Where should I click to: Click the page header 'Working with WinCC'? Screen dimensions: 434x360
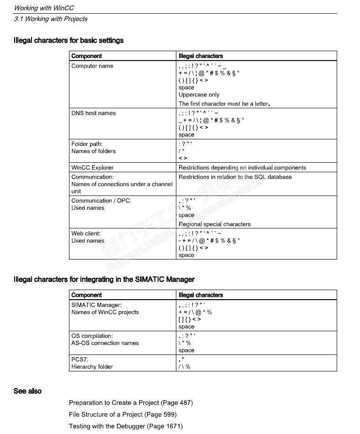pos(44,8)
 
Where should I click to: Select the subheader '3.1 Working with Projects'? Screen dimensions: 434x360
pos(50,19)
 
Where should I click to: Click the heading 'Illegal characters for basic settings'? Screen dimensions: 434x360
pos(69,40)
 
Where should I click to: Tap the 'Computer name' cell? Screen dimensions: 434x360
pos(92,66)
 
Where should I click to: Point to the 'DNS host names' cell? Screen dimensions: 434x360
pos(94,113)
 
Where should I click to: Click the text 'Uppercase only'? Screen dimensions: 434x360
pos(199,95)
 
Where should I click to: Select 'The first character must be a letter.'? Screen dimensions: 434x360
pos(224,104)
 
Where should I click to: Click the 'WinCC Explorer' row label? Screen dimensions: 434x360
pos(92,168)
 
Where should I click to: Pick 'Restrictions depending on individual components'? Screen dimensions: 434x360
pos(242,168)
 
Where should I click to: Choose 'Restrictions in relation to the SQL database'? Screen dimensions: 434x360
pos(235,177)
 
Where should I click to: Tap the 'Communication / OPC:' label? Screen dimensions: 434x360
pos(101,201)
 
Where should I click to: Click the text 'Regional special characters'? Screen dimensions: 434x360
pos(214,224)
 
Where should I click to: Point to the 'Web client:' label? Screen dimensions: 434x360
pos(86,233)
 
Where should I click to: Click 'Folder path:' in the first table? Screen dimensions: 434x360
pos(87,144)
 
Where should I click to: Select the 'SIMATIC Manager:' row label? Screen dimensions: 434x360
pos(96,305)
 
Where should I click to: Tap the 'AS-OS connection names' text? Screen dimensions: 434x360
pos(105,343)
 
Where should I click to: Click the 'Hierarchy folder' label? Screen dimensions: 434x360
pos(92,367)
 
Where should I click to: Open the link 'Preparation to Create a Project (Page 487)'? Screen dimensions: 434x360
pos(131,403)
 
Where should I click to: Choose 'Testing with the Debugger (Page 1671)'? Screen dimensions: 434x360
pos(126,426)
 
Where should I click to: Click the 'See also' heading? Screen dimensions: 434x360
pos(27,391)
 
